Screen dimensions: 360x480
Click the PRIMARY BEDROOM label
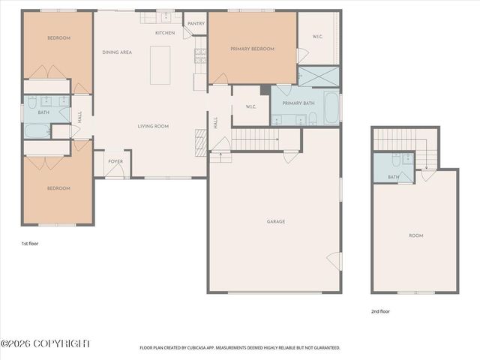(x=252, y=49)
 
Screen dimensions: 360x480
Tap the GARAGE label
(x=275, y=221)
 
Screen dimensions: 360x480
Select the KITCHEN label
(x=165, y=33)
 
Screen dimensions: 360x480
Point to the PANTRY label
(x=196, y=23)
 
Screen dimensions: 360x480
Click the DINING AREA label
(x=117, y=52)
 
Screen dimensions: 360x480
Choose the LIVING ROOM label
(x=152, y=126)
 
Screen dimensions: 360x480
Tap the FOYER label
(x=115, y=161)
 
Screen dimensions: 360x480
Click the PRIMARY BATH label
(x=298, y=103)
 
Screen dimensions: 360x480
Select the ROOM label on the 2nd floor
(x=415, y=235)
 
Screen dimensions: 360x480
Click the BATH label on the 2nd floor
(x=394, y=177)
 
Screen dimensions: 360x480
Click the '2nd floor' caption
(x=380, y=311)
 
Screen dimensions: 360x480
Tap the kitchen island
(x=160, y=65)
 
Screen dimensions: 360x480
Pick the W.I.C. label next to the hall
(x=251, y=107)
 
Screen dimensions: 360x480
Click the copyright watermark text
(x=45, y=343)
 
